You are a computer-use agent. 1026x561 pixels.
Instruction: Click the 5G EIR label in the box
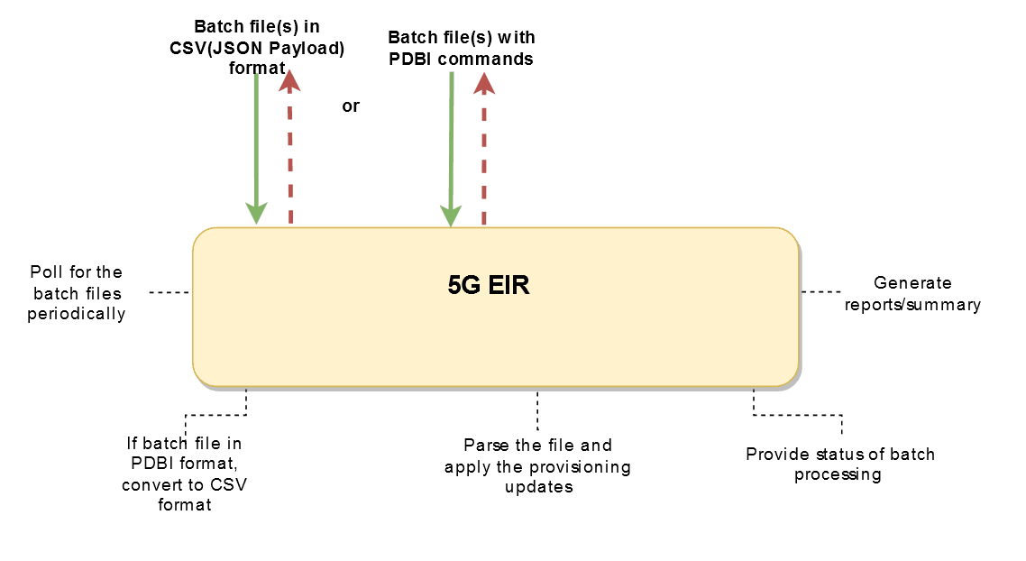tap(489, 288)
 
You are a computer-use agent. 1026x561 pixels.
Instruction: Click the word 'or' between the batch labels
tap(351, 106)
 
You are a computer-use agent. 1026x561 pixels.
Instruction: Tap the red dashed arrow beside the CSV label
tap(290, 149)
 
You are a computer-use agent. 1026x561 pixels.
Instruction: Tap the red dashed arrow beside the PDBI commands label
tap(484, 149)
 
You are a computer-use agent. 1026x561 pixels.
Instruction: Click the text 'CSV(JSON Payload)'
tap(257, 48)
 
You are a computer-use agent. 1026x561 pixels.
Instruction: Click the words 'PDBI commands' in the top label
tap(461, 59)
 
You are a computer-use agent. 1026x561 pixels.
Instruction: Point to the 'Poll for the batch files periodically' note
tap(76, 292)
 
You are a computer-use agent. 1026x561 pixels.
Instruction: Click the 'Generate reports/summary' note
tap(911, 294)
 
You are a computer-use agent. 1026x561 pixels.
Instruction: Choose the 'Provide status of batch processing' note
tap(839, 464)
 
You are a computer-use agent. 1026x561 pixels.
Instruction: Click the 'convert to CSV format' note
tap(184, 494)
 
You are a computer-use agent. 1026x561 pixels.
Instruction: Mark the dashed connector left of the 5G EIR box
tap(169, 292)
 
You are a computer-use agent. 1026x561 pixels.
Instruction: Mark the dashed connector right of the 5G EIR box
tap(820, 291)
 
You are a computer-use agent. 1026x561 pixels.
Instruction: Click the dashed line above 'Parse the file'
tap(537, 410)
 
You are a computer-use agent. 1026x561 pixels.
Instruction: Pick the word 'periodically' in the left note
tap(76, 314)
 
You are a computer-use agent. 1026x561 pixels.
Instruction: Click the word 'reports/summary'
tap(911, 305)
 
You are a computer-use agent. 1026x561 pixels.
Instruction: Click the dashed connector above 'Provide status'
tap(797, 416)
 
